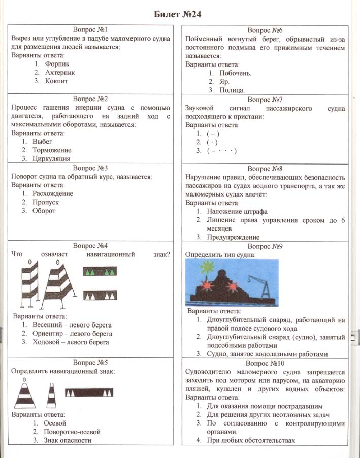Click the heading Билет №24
pyautogui.click(x=180, y=13)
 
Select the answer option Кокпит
pyautogui.click(x=56, y=81)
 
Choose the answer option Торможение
pyautogui.click(x=52, y=150)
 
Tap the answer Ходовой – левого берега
pyautogui.click(x=71, y=343)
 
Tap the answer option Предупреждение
pyautogui.click(x=233, y=237)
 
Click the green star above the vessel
pyautogui.click(x=208, y=266)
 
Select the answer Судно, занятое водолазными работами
pyautogui.click(x=267, y=354)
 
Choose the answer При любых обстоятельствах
pyautogui.click(x=251, y=440)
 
